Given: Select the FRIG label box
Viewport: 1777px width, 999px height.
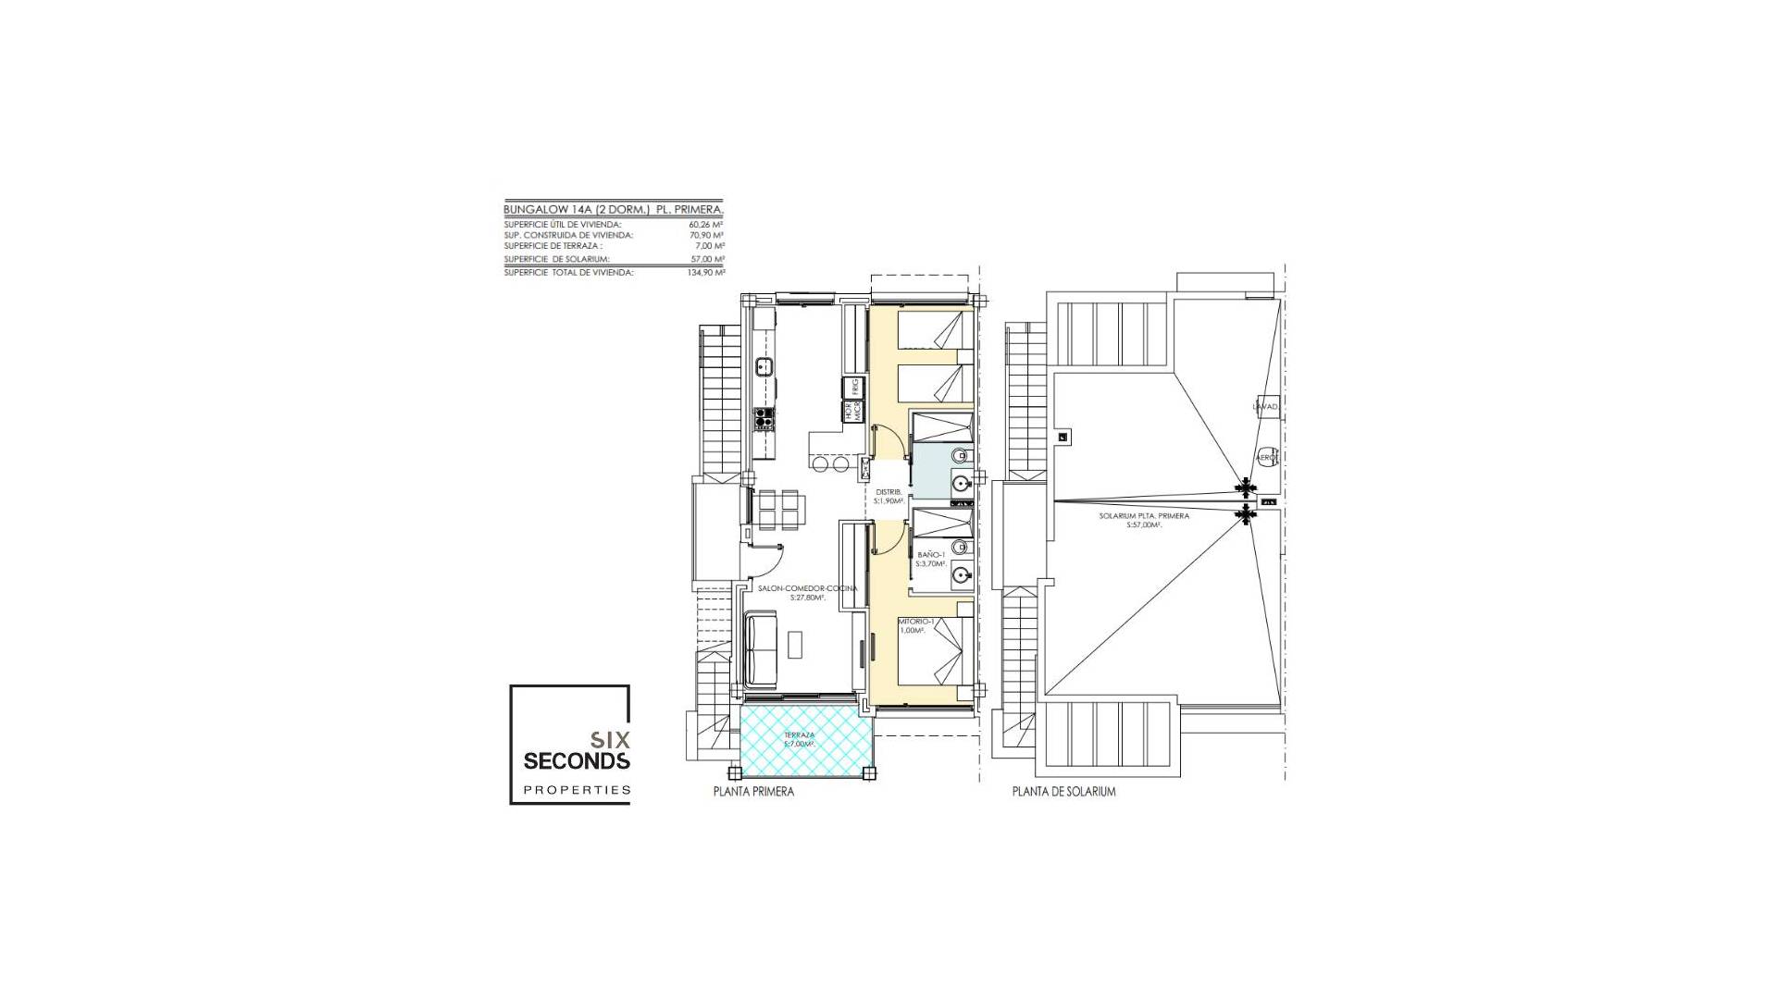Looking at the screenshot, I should point(208,386).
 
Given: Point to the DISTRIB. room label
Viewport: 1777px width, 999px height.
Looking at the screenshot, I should point(888,491).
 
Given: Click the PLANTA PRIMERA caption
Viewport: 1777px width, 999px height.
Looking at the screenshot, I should point(753,792).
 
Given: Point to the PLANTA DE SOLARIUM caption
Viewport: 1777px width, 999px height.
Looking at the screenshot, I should point(1063,792).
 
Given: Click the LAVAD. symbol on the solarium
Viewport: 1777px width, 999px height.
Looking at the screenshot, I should point(1264,407).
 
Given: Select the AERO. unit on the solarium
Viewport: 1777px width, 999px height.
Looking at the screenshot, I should point(1266,457).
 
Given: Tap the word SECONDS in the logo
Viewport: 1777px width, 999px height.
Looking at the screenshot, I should point(577,761).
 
